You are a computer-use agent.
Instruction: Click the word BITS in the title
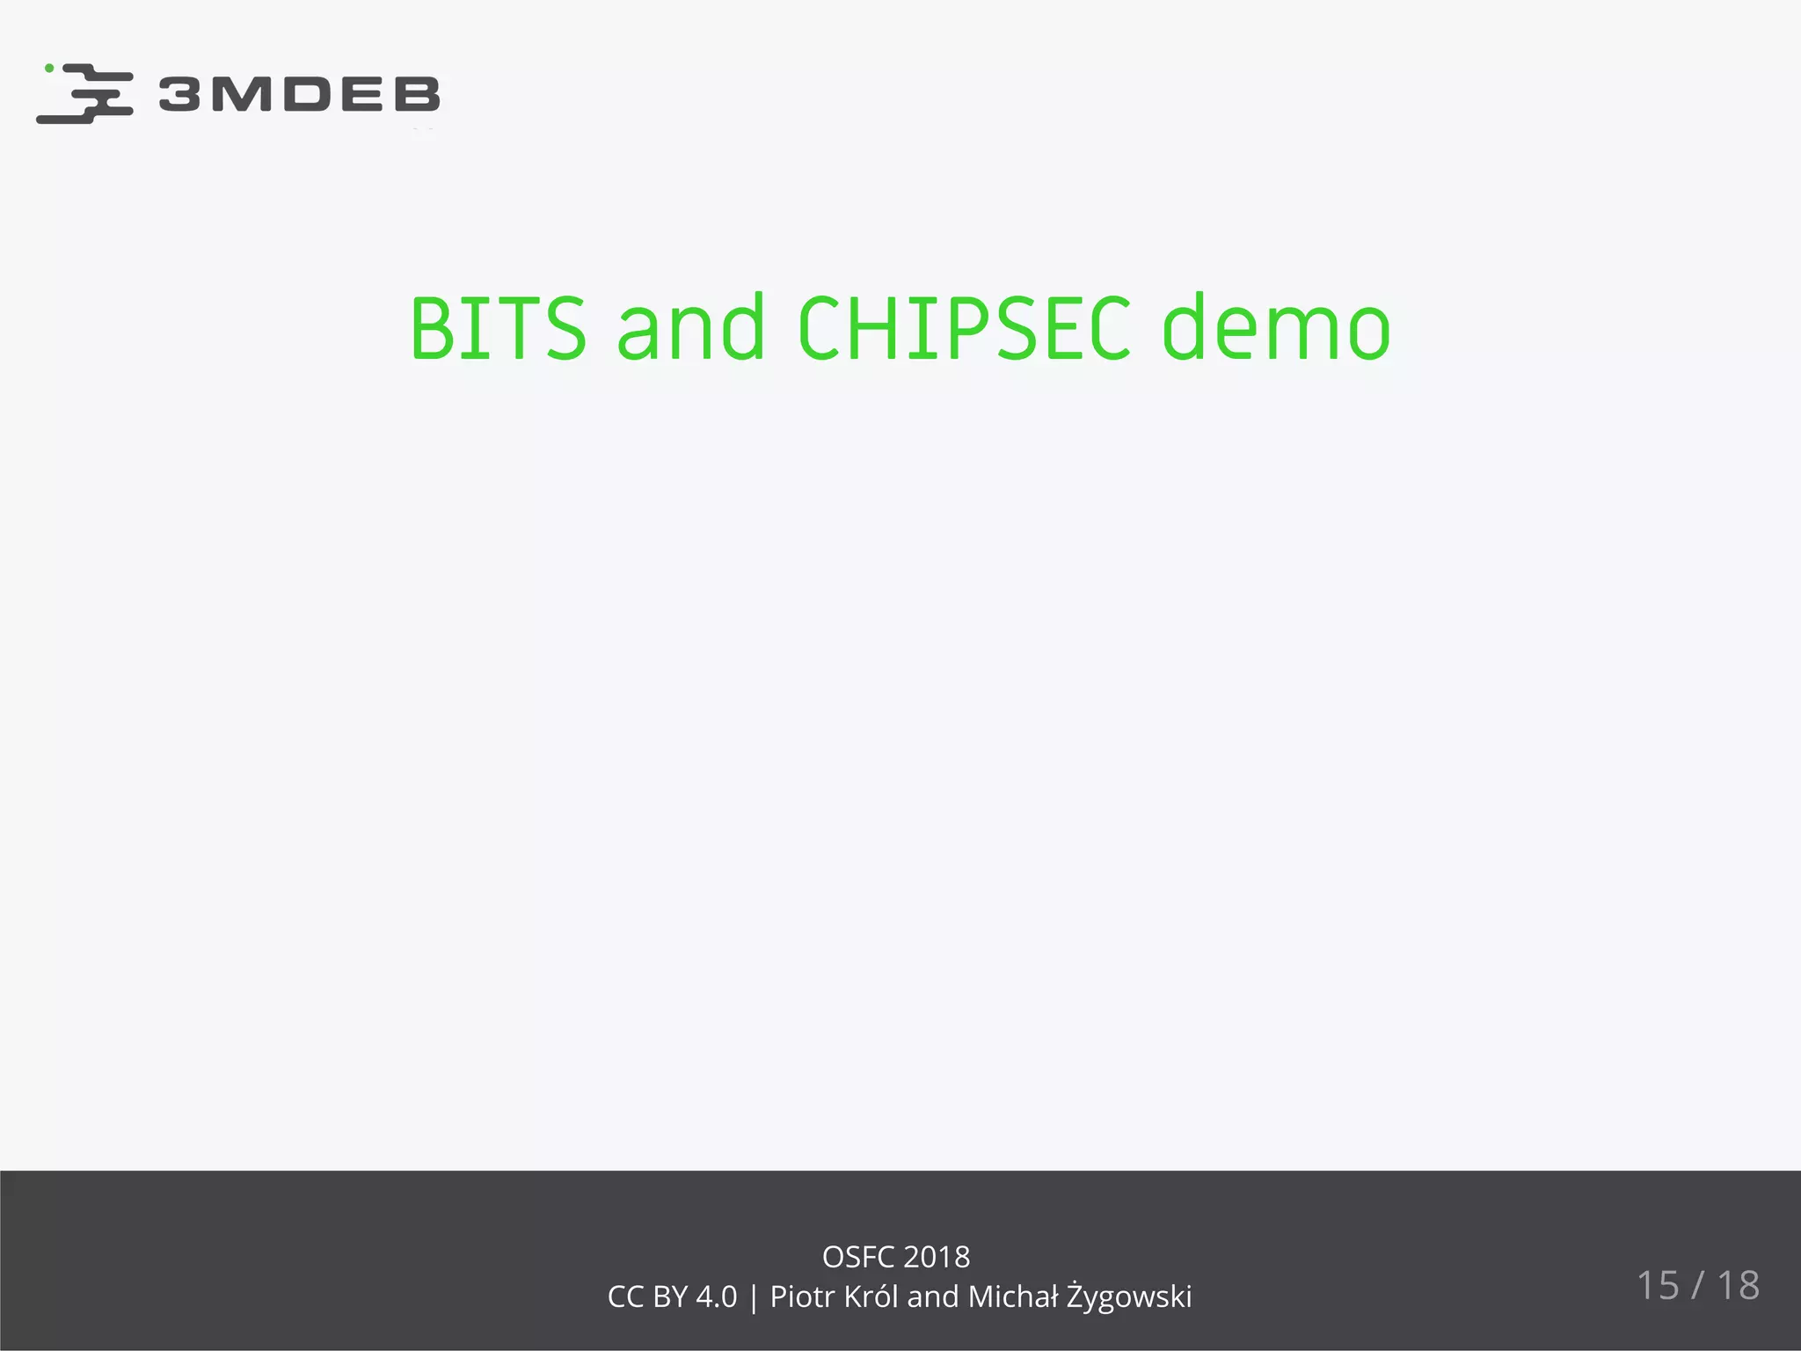498,328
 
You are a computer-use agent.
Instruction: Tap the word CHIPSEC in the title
964,328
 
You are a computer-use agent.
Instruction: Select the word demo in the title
1276,328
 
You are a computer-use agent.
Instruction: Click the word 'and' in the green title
691,328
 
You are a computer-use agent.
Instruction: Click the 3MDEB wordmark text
299,94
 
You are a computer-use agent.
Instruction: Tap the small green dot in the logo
49,68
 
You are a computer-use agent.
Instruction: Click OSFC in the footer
857,1257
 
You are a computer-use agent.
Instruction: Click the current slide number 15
1658,1285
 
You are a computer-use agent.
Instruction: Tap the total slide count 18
1739,1285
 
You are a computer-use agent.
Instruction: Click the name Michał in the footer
1012,1296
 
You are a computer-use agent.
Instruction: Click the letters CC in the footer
625,1296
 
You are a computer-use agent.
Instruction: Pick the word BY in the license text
670,1296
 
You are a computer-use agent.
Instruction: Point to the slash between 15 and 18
1698,1285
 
